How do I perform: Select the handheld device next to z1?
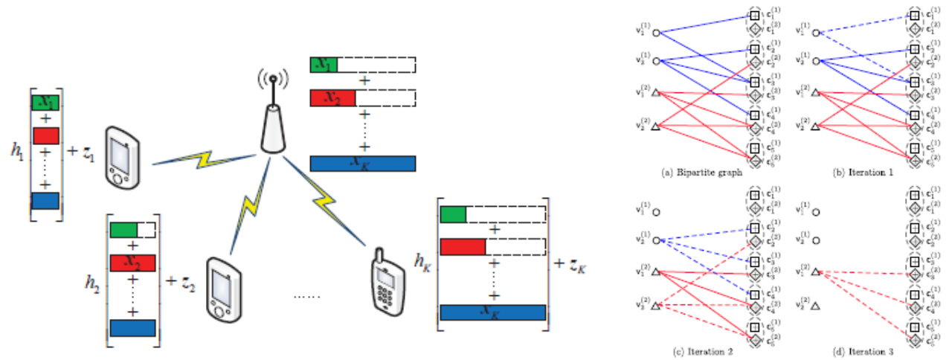(122, 158)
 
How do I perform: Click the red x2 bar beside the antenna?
(332, 98)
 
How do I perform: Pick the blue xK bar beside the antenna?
(362, 164)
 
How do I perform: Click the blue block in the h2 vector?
(132, 328)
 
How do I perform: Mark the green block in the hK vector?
(453, 215)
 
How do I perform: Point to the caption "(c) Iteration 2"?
(690, 351)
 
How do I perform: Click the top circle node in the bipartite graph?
(656, 32)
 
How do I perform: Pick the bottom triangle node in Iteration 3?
(816, 306)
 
